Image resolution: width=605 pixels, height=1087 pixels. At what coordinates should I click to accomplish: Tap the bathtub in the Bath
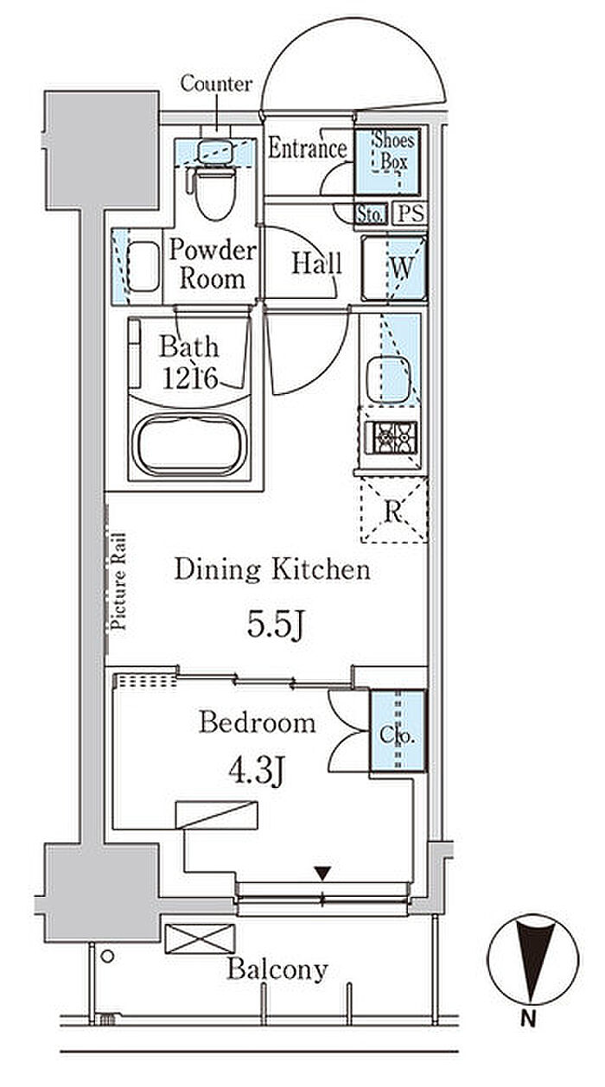click(x=189, y=444)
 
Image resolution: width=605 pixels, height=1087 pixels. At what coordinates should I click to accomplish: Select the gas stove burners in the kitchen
click(x=391, y=438)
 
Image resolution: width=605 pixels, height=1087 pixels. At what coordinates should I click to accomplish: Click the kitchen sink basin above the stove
click(x=388, y=380)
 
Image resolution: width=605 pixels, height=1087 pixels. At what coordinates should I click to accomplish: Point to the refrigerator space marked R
click(x=394, y=510)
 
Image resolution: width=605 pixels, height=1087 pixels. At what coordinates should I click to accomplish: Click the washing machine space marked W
click(x=394, y=268)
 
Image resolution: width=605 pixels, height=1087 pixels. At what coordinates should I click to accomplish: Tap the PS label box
click(x=411, y=213)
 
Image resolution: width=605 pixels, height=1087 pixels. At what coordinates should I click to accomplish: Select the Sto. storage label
click(x=372, y=214)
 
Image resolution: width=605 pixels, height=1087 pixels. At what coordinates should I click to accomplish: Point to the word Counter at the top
click(x=216, y=84)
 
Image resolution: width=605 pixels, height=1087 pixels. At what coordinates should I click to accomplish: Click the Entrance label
click(x=308, y=148)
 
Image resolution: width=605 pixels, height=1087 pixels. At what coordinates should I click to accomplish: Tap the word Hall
click(x=316, y=264)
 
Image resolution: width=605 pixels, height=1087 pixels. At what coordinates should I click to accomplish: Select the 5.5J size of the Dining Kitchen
click(x=276, y=625)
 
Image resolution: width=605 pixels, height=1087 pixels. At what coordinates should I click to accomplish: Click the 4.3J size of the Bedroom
click(x=257, y=771)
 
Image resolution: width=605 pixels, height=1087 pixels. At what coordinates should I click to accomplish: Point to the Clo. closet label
click(x=398, y=734)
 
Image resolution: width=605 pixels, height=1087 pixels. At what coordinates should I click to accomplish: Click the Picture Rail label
click(x=118, y=582)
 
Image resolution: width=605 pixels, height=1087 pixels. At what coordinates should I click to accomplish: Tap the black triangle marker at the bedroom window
click(x=322, y=874)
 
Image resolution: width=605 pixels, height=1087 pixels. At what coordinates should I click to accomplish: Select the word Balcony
click(x=277, y=969)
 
